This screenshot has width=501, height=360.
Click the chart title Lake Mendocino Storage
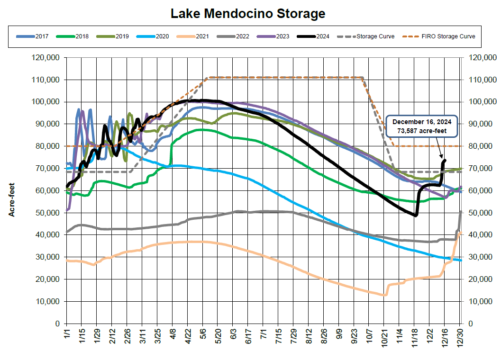pyautogui.click(x=248, y=14)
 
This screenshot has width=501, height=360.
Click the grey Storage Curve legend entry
pyautogui.click(x=370, y=36)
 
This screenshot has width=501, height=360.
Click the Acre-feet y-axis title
pyautogui.click(x=12, y=199)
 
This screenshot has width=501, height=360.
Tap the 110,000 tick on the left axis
pyautogui.click(x=46, y=80)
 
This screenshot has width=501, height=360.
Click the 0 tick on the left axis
pyautogui.click(x=57, y=324)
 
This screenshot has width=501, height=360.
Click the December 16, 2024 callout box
pyautogui.click(x=422, y=126)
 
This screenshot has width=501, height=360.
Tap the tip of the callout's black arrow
pyautogui.click(x=443, y=159)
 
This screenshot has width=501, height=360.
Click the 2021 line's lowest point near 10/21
pyautogui.click(x=385, y=295)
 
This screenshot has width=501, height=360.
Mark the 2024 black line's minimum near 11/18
pyautogui.click(x=416, y=216)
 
